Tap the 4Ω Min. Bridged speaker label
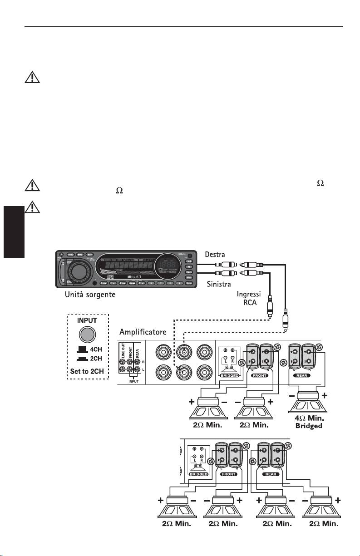[x=309, y=421]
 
